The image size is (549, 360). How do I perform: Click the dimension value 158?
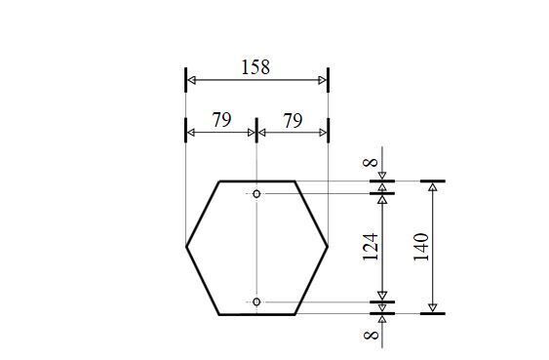pyautogui.click(x=255, y=67)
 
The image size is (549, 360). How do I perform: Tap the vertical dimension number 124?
pyautogui.click(x=372, y=248)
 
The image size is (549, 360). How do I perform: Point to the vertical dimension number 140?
pyautogui.click(x=421, y=248)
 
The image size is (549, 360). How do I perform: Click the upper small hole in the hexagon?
pyautogui.click(x=256, y=193)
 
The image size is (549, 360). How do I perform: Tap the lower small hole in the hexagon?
pyautogui.click(x=256, y=302)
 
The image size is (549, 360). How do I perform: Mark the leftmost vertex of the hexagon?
pyautogui.click(x=186, y=248)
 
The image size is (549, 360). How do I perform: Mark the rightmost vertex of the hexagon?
pyautogui.click(x=328, y=248)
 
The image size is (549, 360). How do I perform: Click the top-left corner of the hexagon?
pyautogui.click(x=220, y=181)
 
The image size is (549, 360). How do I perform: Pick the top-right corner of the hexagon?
pyautogui.click(x=294, y=181)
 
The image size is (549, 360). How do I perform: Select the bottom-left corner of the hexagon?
pyautogui.click(x=220, y=314)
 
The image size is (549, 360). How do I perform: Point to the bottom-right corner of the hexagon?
pyautogui.click(x=294, y=314)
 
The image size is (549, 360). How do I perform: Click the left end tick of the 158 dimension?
pyautogui.click(x=185, y=80)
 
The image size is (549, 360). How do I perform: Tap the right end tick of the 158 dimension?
pyautogui.click(x=328, y=80)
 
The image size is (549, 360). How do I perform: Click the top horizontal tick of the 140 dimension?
pyautogui.click(x=432, y=181)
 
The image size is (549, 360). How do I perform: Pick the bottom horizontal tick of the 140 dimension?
pyautogui.click(x=432, y=313)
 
